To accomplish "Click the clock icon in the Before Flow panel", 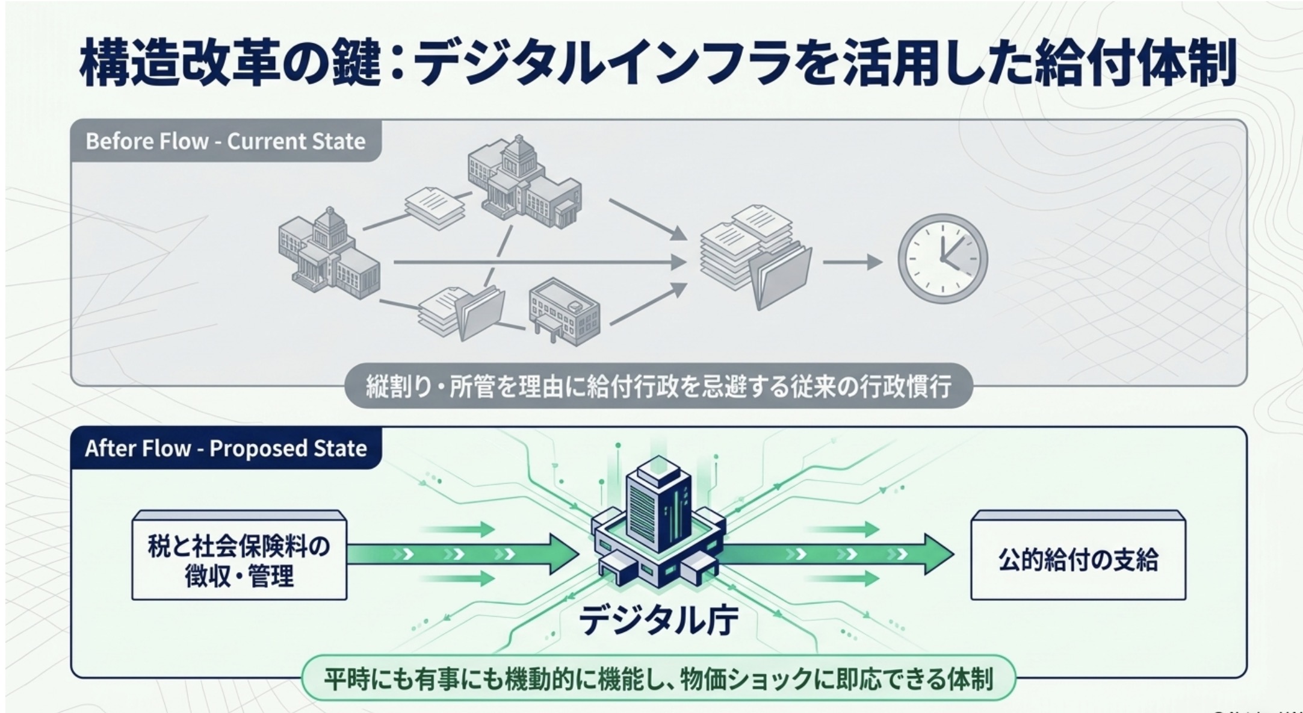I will (942, 258).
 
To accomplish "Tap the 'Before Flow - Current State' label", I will (226, 142).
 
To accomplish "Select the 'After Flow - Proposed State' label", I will (226, 449).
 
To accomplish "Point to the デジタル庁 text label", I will (658, 621).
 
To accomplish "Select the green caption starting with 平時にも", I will (658, 679).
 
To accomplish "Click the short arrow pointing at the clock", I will (852, 262).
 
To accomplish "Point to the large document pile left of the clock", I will (755, 256).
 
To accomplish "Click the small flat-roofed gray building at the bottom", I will (564, 312).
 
